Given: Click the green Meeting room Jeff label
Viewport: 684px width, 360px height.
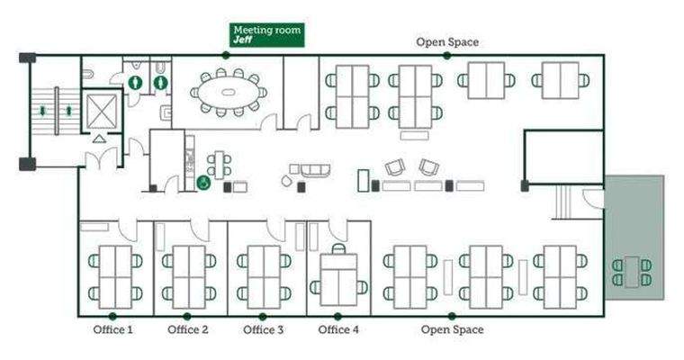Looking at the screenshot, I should (267, 35).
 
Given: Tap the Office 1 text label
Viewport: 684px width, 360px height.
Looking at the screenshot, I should (113, 330).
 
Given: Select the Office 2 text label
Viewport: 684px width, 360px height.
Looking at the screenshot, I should (188, 330).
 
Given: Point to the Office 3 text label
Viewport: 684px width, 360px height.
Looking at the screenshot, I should (264, 330).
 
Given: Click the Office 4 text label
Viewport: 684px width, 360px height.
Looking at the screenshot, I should (338, 330).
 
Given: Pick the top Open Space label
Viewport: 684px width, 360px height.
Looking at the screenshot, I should (446, 41).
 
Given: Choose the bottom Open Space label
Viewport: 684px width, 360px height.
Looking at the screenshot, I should (452, 330).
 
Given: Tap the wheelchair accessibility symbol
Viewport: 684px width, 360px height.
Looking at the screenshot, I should (203, 183).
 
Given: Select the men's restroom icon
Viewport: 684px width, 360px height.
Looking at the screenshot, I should (135, 81).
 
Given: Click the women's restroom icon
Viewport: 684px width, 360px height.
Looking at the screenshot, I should (160, 81).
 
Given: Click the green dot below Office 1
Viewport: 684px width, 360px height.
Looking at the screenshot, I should (113, 316).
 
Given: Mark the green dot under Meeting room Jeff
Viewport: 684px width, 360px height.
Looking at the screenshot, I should (225, 55).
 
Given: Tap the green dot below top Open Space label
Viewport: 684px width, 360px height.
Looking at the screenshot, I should (446, 55).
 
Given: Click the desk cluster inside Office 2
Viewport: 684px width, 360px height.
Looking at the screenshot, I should (188, 275).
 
